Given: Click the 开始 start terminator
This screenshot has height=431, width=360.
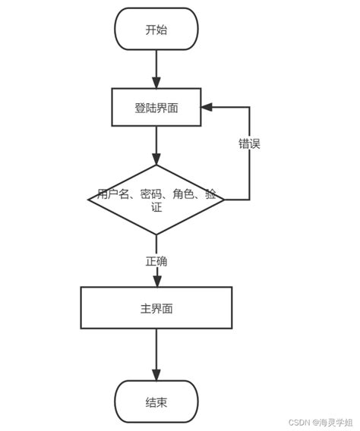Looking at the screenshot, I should click(156, 30).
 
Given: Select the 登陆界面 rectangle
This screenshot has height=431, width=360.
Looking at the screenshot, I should click(156, 107).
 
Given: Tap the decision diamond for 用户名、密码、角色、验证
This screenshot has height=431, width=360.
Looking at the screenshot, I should click(156, 200).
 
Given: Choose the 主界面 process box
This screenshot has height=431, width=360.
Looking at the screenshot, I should click(156, 308).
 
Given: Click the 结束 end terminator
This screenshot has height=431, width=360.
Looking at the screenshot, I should click(156, 401).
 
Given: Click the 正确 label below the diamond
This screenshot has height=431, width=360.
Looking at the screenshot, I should click(156, 261).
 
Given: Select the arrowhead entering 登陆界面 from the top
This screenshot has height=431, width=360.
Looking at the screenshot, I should click(156, 82).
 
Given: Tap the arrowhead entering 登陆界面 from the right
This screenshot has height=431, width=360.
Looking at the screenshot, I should click(207, 107).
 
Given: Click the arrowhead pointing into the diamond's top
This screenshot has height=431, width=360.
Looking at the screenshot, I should click(156, 159).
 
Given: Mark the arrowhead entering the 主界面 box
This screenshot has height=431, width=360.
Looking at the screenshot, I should click(156, 281).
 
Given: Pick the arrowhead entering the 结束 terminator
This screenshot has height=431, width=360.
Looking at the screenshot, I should click(156, 374).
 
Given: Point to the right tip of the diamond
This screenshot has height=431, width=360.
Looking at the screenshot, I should click(224, 200).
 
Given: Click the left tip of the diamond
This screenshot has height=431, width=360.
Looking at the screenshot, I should click(89, 200).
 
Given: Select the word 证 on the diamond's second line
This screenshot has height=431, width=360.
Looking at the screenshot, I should click(156, 207).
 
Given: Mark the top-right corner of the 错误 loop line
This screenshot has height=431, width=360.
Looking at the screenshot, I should click(249, 107).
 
